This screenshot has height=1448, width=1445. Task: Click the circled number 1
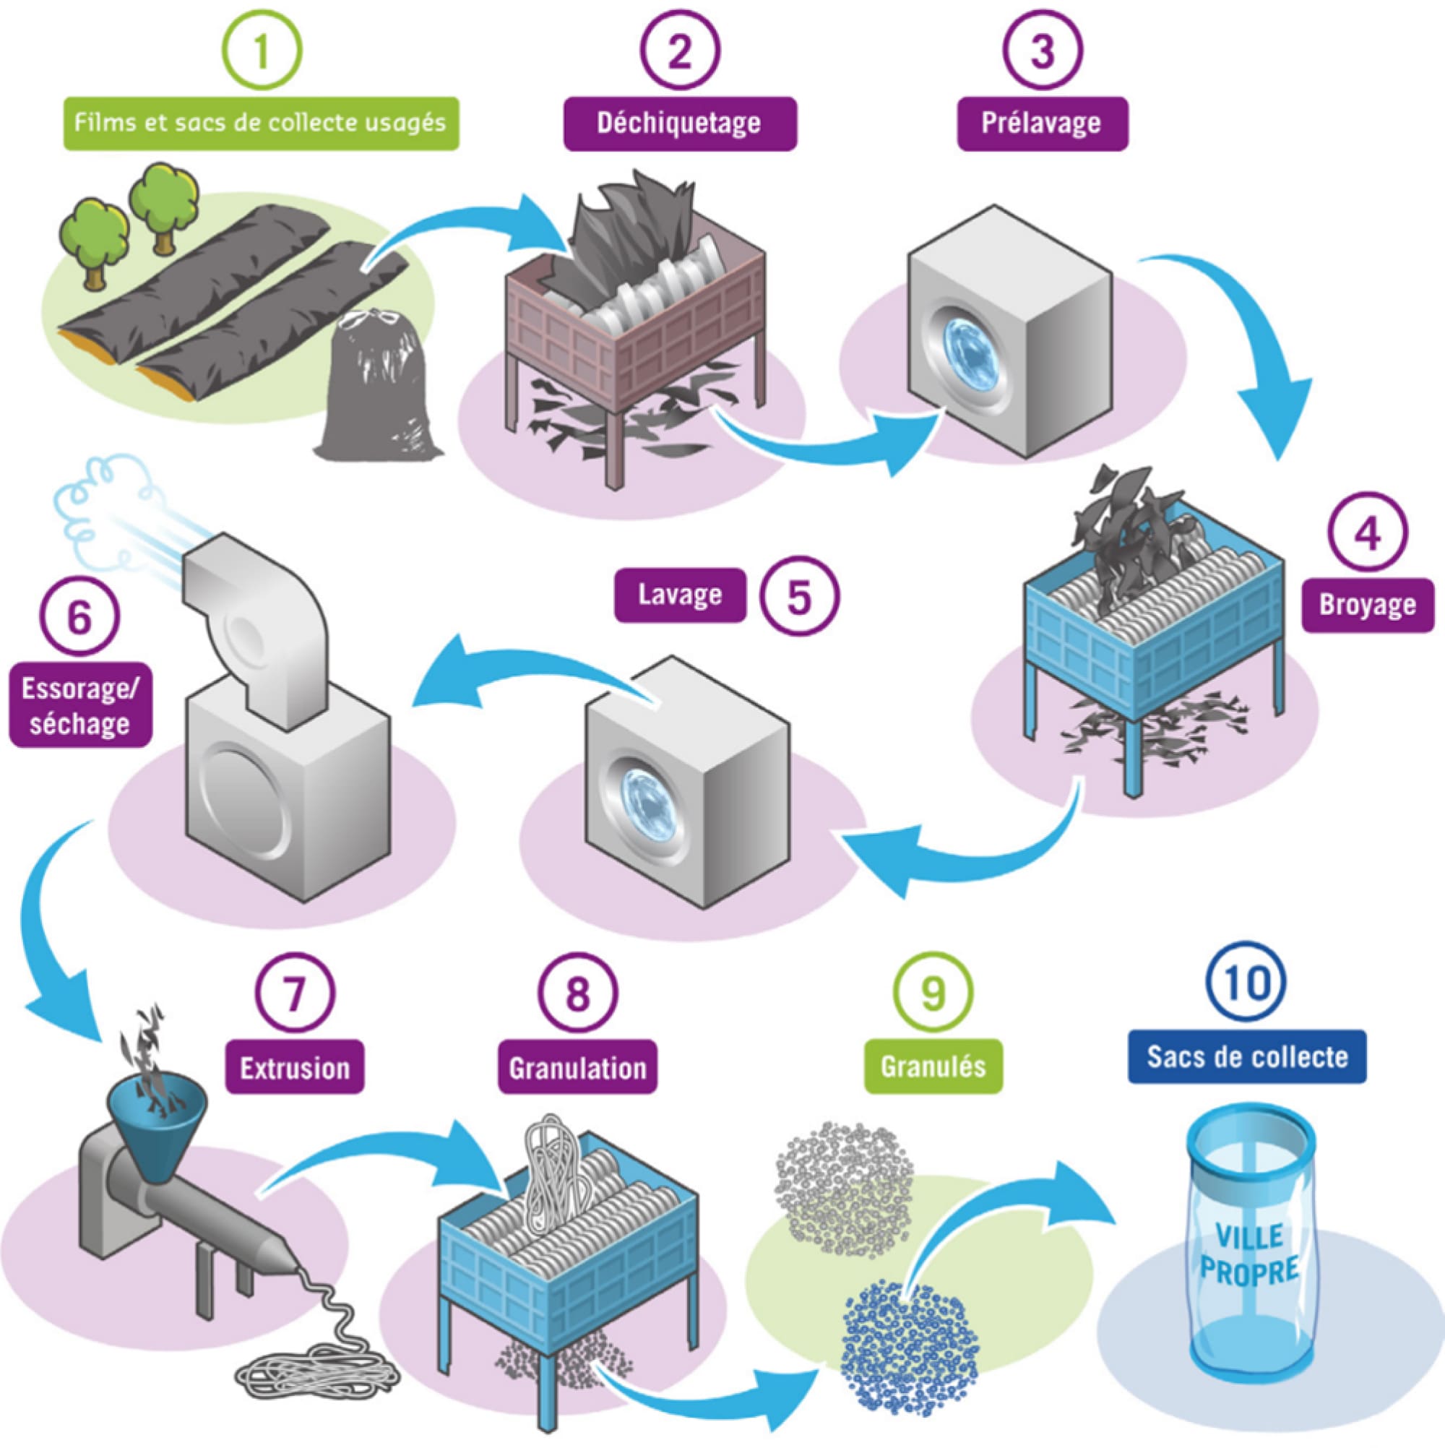click(262, 51)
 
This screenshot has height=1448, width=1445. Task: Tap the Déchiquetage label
click(679, 123)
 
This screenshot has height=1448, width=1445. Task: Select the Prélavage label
click(1042, 123)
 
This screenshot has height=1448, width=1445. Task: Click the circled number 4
click(1367, 532)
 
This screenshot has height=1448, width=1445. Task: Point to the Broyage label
click(1367, 604)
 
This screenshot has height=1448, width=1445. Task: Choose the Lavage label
click(680, 595)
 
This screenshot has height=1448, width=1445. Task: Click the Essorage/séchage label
click(79, 705)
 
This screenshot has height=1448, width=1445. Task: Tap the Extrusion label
click(295, 1067)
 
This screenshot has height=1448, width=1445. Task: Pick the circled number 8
click(577, 993)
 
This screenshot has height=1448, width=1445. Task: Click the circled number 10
click(1246, 982)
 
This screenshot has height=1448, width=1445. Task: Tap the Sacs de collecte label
click(1246, 1057)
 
